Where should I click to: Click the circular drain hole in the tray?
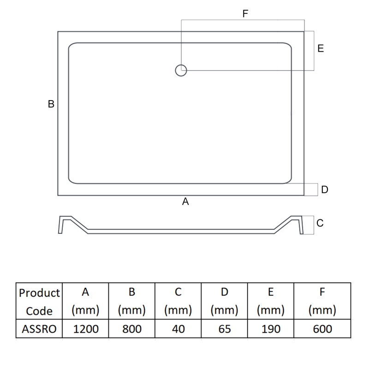[181, 70]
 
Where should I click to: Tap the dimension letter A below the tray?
[185, 201]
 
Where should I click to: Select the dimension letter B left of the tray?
[51, 104]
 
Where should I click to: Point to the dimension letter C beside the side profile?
[320, 223]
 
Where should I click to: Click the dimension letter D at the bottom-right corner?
[324, 190]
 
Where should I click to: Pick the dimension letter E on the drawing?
[321, 48]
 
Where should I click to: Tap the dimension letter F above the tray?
[245, 14]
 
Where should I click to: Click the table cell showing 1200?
[85, 328]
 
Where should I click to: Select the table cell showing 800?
[131, 328]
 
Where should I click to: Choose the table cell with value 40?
[178, 328]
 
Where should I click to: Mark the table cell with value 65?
[224, 328]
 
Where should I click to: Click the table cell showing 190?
[270, 328]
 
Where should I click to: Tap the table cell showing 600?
[321, 328]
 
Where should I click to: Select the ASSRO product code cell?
[39, 328]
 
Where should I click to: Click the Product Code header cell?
[39, 301]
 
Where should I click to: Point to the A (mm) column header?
[85, 301]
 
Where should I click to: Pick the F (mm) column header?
[321, 301]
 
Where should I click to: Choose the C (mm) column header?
[178, 301]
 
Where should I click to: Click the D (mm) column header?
[224, 301]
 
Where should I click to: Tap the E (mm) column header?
[270, 301]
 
